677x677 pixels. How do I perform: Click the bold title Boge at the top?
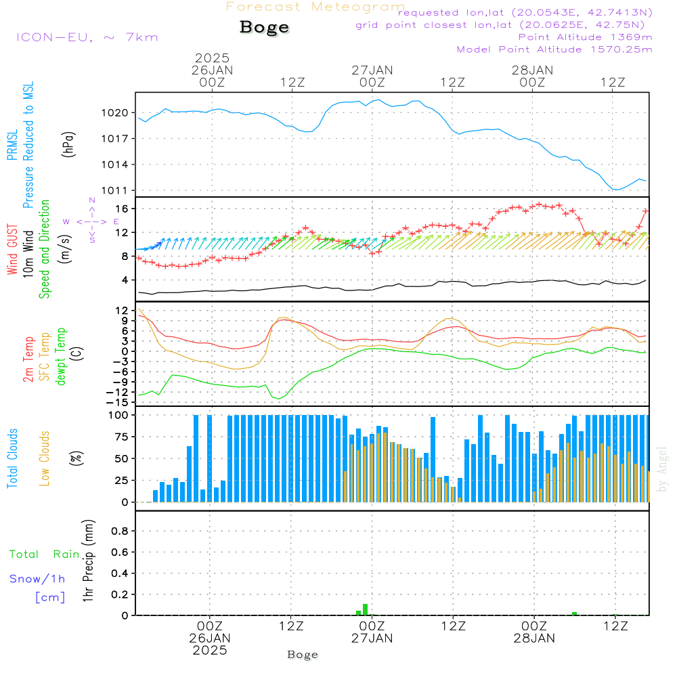pos(264,28)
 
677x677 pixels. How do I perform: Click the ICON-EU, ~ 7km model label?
pos(87,37)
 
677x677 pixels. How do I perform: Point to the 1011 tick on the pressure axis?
pos(115,190)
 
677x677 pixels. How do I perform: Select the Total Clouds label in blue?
pos(12,458)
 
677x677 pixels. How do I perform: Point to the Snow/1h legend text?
pos(37,579)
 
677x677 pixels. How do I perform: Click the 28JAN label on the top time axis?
pos(532,70)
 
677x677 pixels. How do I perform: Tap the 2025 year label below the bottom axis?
pos(210,650)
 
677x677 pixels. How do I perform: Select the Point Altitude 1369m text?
pos(585,37)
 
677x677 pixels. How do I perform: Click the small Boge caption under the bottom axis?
pos(302,655)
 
